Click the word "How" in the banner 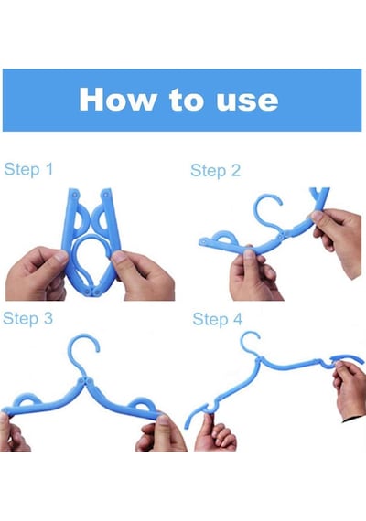coord(117,100)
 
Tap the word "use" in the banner coord(247,101)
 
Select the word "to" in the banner coord(187,101)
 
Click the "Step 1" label coord(28,169)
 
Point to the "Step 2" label coord(215,171)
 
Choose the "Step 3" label coord(28,318)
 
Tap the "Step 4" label coord(217,320)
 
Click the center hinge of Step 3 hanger coord(85,381)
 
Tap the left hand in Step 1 coord(37,273)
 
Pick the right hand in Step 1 coord(143,274)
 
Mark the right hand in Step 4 coord(350,390)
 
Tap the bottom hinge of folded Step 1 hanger coord(92,292)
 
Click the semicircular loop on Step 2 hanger coord(222,238)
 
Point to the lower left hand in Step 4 coord(215,433)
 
